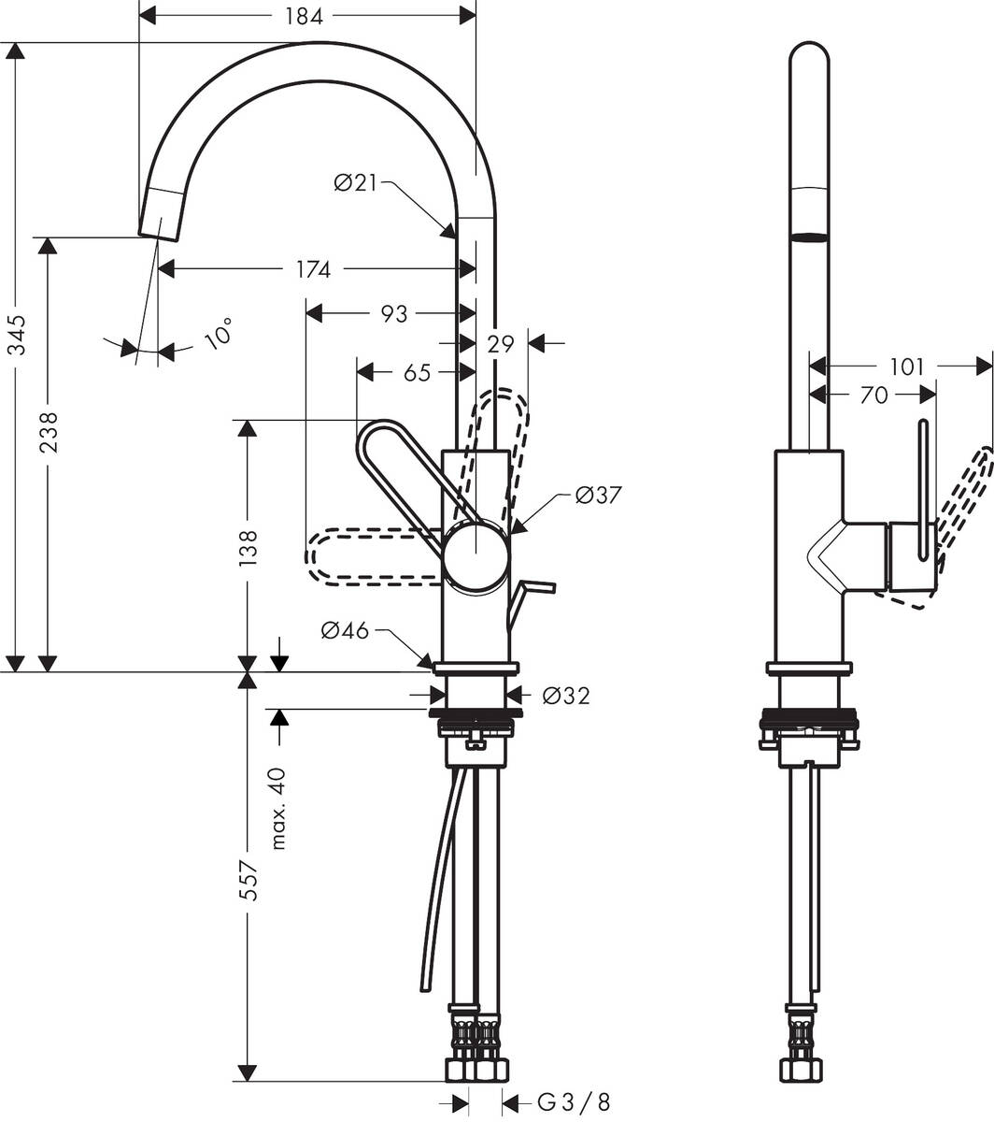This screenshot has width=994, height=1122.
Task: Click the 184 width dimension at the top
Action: [304, 16]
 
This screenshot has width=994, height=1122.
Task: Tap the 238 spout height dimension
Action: [49, 432]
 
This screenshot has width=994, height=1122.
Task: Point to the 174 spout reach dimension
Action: [313, 269]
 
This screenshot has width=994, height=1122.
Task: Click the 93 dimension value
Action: [394, 314]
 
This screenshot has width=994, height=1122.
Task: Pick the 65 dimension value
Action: [417, 373]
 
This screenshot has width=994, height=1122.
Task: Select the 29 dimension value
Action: [501, 344]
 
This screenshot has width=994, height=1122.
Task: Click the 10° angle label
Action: [219, 333]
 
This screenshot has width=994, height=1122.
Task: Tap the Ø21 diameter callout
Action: [355, 182]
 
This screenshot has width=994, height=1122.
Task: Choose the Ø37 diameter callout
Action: [598, 495]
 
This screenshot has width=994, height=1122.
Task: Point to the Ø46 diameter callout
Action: [345, 629]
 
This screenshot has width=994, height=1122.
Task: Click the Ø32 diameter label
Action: [566, 696]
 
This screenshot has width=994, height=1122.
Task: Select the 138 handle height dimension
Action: [248, 548]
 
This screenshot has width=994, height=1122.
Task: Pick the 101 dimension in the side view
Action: [906, 367]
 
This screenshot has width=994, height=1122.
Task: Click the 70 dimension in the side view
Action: [873, 395]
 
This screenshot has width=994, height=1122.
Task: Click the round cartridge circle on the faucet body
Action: [476, 554]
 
